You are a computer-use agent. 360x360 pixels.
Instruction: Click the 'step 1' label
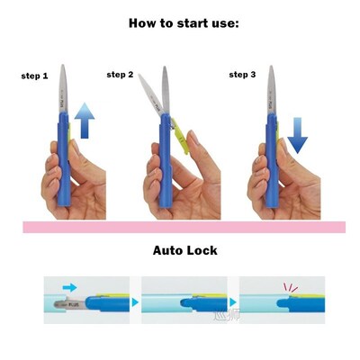(35, 76)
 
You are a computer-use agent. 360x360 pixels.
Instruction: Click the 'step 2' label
(121, 74)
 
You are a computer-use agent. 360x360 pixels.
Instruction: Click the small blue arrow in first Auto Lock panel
(71, 286)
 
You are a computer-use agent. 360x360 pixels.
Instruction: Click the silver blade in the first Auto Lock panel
(64, 304)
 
